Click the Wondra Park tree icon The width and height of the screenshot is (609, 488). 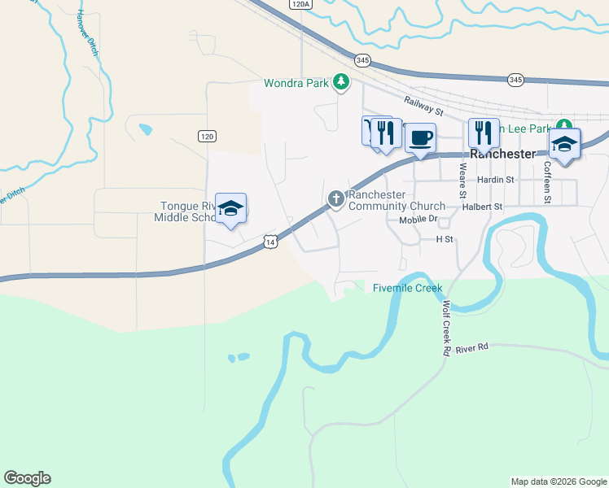(342, 82)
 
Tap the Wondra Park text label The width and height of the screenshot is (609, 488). (297, 83)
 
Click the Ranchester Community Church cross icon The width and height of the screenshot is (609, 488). (335, 198)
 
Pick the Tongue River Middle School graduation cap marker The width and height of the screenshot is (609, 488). (231, 208)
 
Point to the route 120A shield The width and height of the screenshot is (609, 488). (300, 4)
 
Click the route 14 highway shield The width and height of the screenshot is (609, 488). (270, 241)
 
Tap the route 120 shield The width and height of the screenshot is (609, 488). (207, 137)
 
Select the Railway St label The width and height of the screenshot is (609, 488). (423, 104)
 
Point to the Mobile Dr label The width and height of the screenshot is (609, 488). (418, 220)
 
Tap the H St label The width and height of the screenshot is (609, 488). (444, 239)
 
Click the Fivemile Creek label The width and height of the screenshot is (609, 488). (407, 288)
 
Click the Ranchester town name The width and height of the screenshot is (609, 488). (503, 154)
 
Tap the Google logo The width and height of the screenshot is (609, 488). (27, 478)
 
